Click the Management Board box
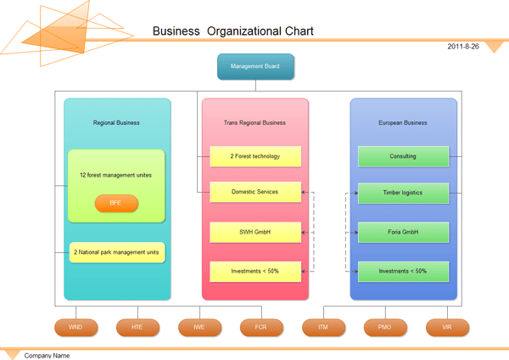pyautogui.click(x=255, y=66)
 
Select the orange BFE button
pyautogui.click(x=116, y=203)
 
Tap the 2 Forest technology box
pyautogui.click(x=255, y=156)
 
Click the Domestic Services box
pyautogui.click(x=255, y=192)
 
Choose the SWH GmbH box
pyautogui.click(x=255, y=232)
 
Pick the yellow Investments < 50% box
pyautogui.click(x=255, y=272)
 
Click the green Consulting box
pyautogui.click(x=403, y=156)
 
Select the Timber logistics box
pyautogui.click(x=403, y=193)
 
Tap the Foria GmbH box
pyautogui.click(x=403, y=232)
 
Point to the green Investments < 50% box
pyautogui.click(x=403, y=272)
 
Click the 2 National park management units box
pyautogui.click(x=116, y=252)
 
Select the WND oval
pyautogui.click(x=76, y=327)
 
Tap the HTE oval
pyautogui.click(x=137, y=327)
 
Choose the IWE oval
pyautogui.click(x=199, y=327)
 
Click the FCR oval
pyautogui.click(x=261, y=327)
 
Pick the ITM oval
pyautogui.click(x=323, y=327)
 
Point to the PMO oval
pyautogui.click(x=385, y=327)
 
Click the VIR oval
pyautogui.click(x=447, y=327)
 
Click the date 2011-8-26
pyautogui.click(x=463, y=47)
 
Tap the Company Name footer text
pyautogui.click(x=47, y=355)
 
